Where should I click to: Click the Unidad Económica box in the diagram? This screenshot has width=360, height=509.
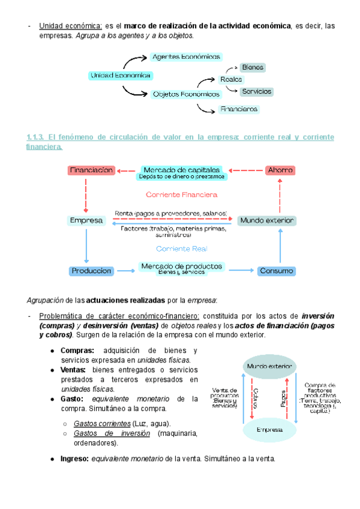pyautogui.click(x=121, y=76)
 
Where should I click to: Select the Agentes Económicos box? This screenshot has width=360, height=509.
pyautogui.click(x=186, y=57)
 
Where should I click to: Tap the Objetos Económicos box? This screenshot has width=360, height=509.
pyautogui.click(x=186, y=94)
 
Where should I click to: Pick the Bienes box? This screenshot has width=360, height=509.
pyautogui.click(x=253, y=68)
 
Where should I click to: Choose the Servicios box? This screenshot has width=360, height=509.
pyautogui.click(x=257, y=92)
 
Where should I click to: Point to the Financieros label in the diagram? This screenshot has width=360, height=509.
pyautogui.click(x=239, y=109)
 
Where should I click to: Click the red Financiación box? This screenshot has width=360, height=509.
pyautogui.click(x=91, y=170)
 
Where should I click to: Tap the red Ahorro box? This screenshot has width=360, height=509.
pyautogui.click(x=280, y=170)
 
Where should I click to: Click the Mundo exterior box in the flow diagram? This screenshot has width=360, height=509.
pyautogui.click(x=267, y=221)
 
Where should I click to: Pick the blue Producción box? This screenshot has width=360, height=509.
pyautogui.click(x=91, y=271)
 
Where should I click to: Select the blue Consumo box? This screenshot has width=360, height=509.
pyautogui.click(x=277, y=271)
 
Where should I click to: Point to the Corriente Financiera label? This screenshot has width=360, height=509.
pyautogui.click(x=181, y=194)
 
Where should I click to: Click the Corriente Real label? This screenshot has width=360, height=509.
pyautogui.click(x=181, y=248)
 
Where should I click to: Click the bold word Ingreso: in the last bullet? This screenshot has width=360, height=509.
pyautogui.click(x=74, y=459)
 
